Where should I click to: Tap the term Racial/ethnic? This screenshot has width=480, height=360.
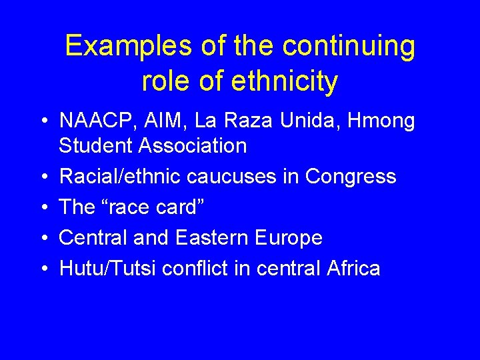click(121, 177)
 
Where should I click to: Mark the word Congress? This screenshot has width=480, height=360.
click(351, 177)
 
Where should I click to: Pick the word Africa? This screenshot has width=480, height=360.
click(354, 269)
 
